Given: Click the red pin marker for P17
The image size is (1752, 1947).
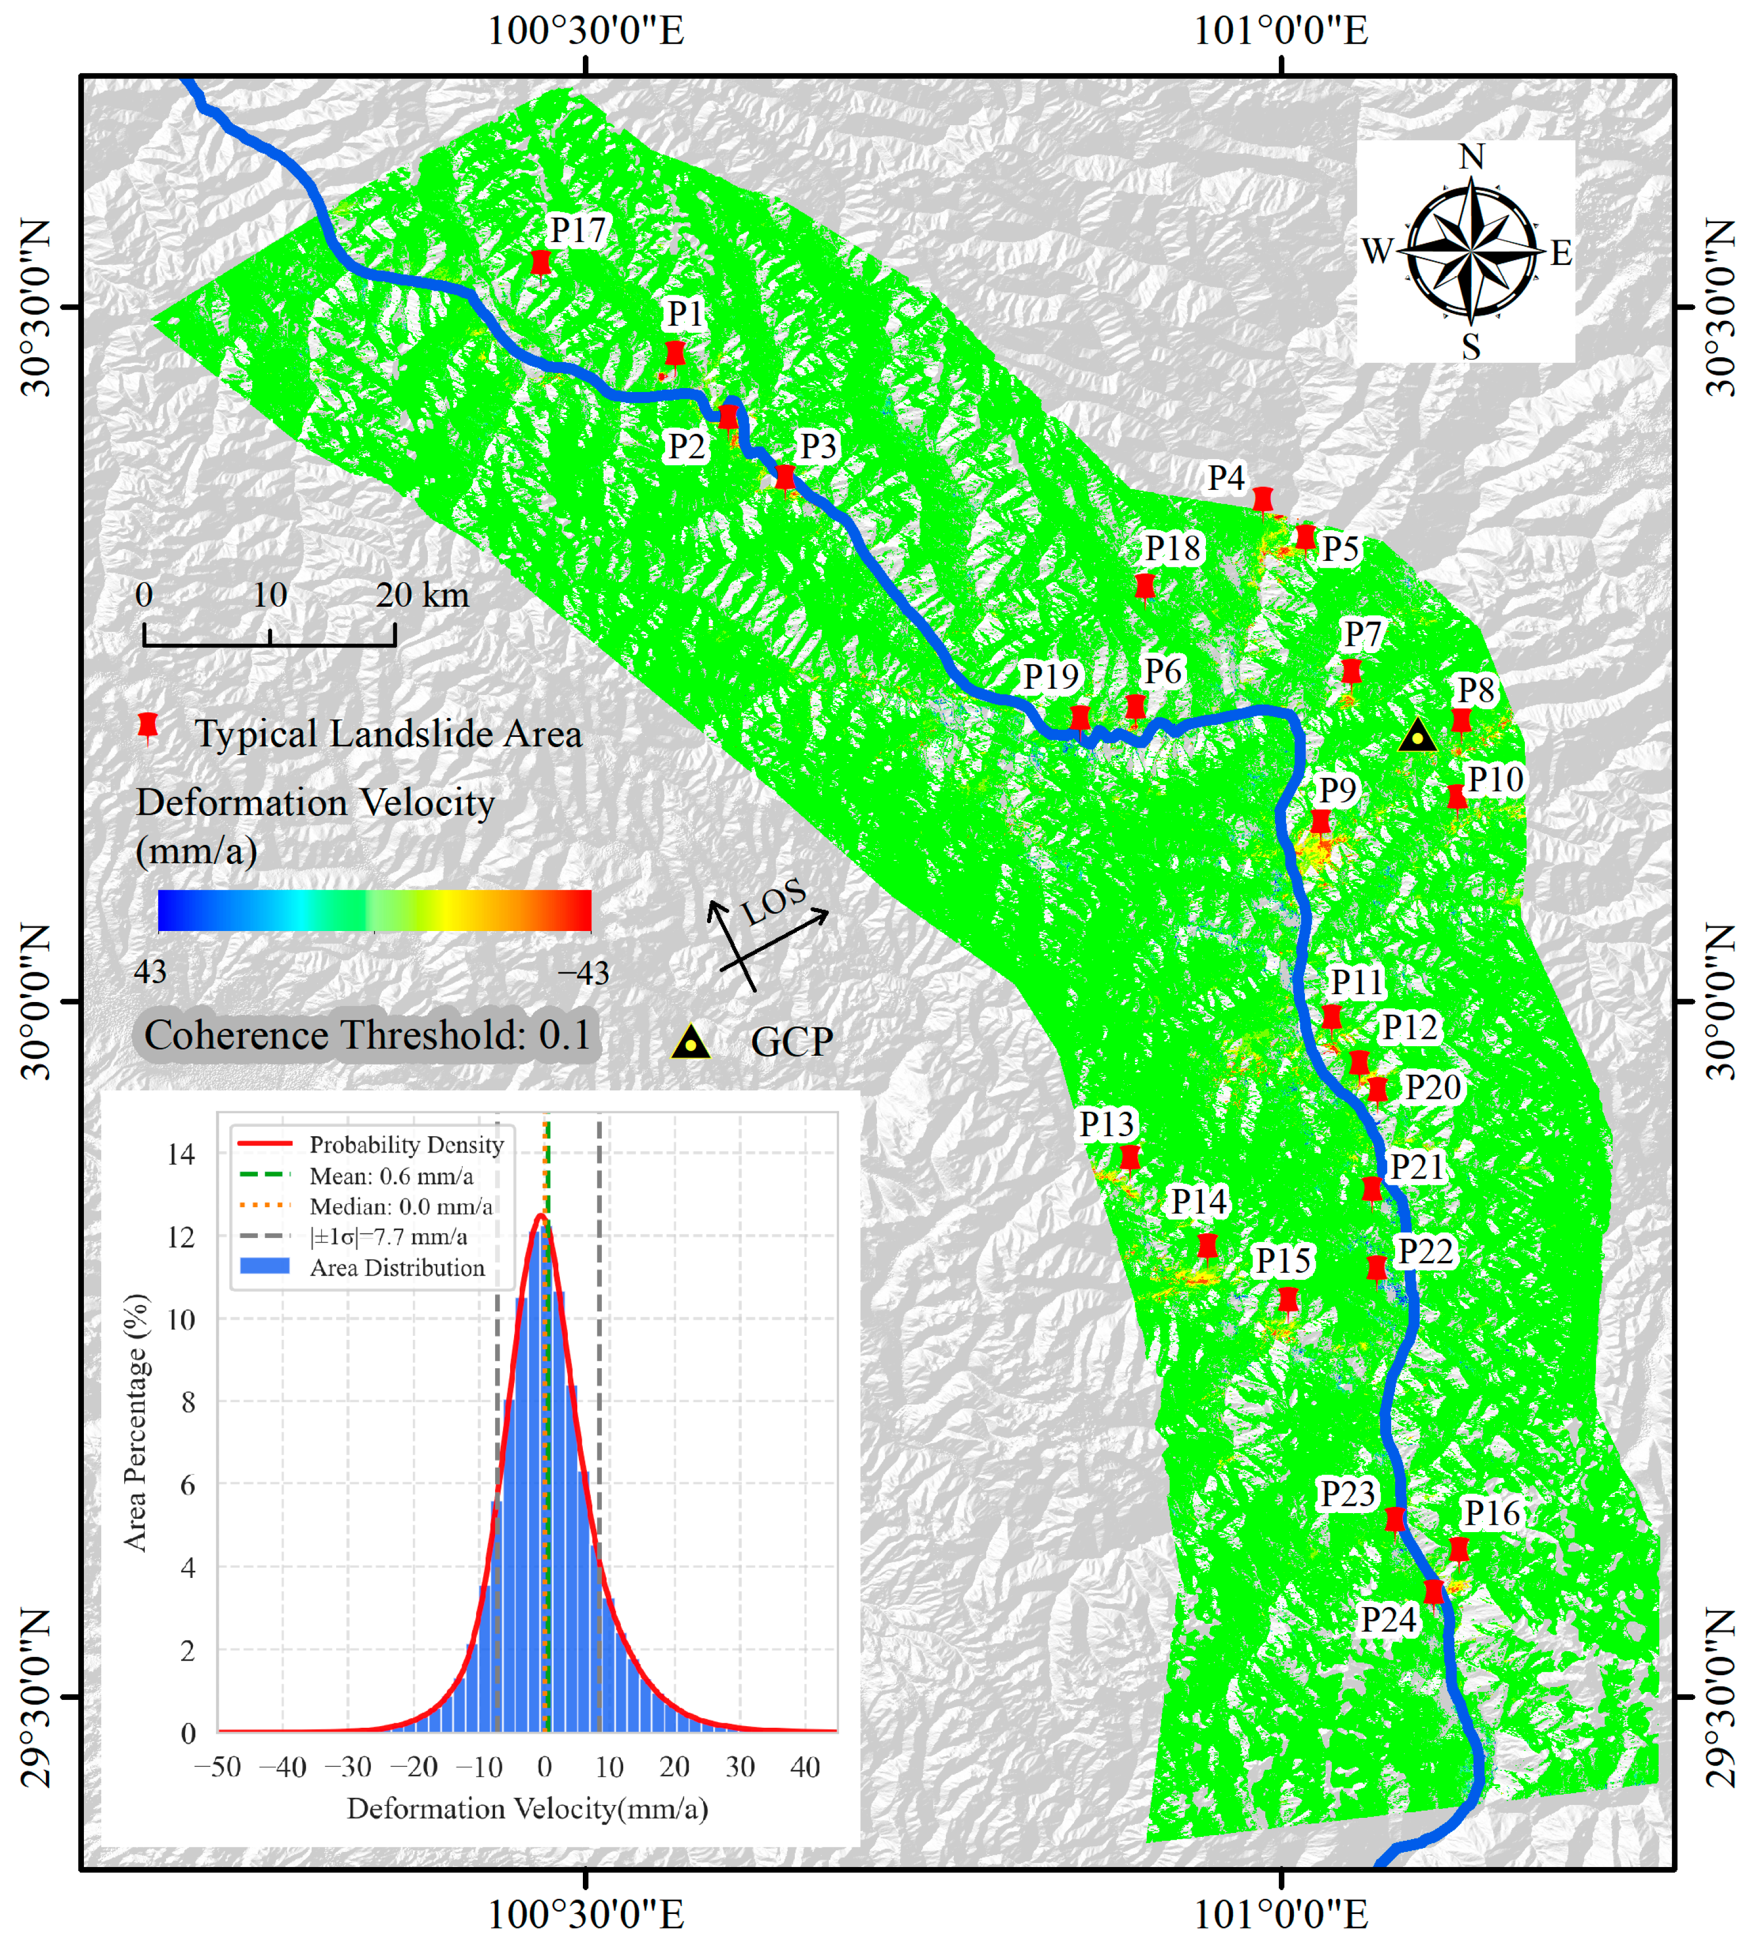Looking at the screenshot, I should click(541, 262).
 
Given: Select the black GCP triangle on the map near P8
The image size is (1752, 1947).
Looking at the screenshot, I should click(1417, 737).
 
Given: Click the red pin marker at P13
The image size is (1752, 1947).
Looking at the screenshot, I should click(1130, 1157).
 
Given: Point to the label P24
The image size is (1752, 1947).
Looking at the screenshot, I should click(1388, 1620).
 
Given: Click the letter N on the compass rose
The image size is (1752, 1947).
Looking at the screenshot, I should click(1471, 157).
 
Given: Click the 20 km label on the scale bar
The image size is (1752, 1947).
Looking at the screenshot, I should click(422, 595).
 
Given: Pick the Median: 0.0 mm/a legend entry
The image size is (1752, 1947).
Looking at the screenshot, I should click(401, 1206).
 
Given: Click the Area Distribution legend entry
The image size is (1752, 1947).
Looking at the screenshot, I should click(397, 1268).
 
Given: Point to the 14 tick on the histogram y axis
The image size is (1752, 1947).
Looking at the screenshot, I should click(181, 1154).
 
